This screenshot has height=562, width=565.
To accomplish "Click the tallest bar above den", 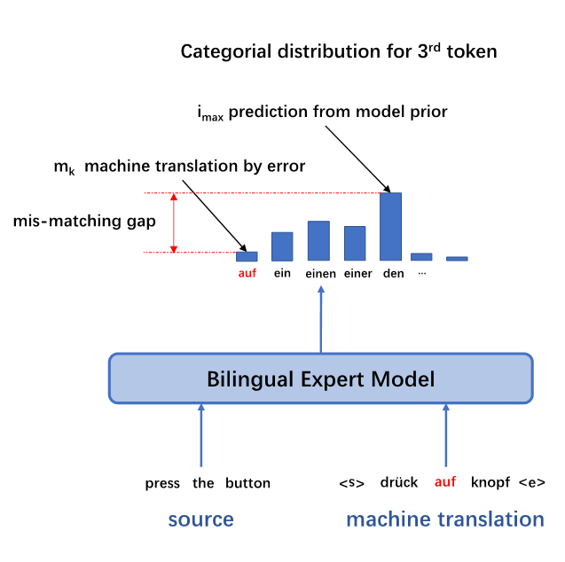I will (390, 226).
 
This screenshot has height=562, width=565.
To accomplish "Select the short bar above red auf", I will (247, 256).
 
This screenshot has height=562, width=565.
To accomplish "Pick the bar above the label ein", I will (282, 246).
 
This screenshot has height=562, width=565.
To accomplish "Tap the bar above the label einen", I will (318, 240).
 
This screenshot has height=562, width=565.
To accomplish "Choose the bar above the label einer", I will (355, 243).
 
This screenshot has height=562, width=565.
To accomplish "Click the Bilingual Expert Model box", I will (320, 380).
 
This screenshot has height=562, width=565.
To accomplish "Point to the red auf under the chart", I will (247, 274).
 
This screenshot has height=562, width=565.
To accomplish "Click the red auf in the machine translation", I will (444, 483).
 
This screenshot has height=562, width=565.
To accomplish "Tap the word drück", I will (399, 483).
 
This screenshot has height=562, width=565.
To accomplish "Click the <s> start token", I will (352, 483).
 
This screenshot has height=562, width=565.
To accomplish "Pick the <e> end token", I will (532, 483).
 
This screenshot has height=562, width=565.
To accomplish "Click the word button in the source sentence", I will (247, 483).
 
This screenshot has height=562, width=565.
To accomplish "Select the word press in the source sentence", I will (162, 483).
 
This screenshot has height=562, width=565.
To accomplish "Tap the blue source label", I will (200, 519).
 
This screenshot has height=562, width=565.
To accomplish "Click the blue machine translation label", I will (444, 519).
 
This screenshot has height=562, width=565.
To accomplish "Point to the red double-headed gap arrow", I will (174, 222).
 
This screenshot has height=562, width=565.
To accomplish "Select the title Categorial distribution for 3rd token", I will (339, 51).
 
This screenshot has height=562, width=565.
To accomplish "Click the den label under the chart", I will (393, 274).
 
